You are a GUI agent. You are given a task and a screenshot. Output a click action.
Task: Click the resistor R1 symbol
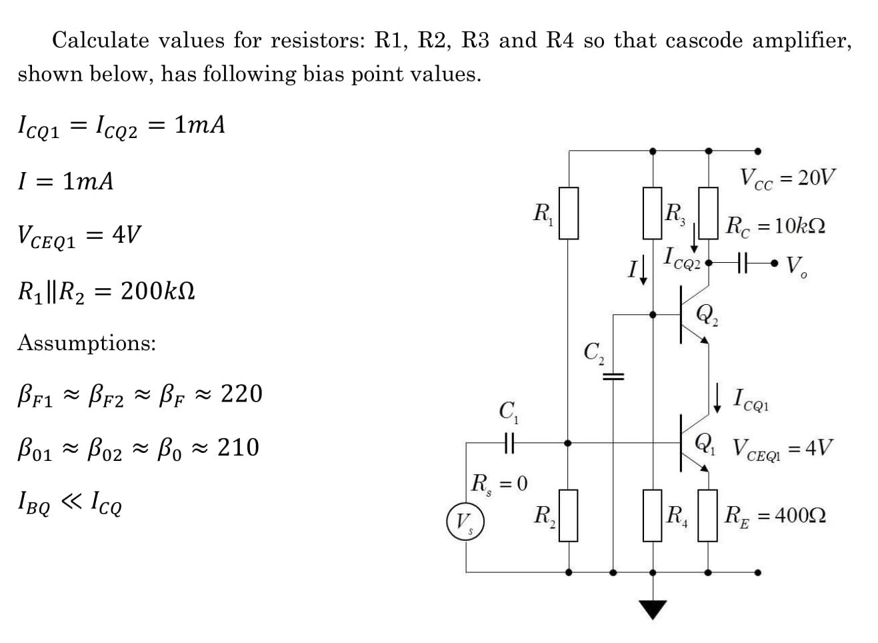(568, 213)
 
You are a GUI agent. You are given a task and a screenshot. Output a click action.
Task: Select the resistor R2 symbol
(568, 515)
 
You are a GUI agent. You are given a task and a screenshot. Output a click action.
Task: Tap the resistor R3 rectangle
(652, 213)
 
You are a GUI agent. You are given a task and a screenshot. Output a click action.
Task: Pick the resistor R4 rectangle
(652, 515)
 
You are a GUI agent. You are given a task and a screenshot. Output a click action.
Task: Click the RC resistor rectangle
(707, 213)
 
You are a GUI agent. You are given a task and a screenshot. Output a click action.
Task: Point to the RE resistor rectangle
(707, 515)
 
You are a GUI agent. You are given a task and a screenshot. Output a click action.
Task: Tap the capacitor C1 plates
(509, 442)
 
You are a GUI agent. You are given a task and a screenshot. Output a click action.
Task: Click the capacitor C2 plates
(613, 378)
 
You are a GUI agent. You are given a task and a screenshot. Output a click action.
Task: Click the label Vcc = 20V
(786, 178)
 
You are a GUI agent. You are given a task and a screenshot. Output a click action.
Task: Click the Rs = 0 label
(499, 483)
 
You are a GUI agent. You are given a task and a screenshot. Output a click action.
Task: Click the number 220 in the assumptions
(241, 394)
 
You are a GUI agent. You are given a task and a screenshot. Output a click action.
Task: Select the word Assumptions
(87, 343)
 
